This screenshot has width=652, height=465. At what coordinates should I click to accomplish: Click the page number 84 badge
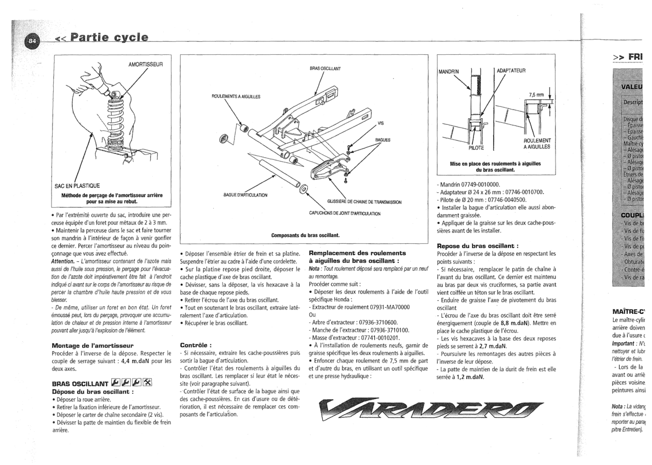[32, 41]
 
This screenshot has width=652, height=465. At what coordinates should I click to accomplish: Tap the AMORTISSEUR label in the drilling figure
[146, 64]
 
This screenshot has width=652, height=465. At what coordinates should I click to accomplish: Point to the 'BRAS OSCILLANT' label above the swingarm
[325, 68]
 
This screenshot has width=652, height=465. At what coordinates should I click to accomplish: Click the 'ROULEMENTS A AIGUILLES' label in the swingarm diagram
[236, 96]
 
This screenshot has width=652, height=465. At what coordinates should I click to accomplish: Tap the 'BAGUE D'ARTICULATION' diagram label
[245, 195]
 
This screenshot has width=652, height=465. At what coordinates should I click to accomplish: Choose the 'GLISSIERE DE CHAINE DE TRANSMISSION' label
[364, 202]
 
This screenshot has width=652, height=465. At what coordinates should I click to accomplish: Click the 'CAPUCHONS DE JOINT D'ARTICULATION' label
[345, 213]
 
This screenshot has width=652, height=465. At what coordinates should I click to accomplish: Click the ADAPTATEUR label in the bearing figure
[511, 71]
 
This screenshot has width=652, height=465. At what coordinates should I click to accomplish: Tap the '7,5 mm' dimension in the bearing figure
[536, 94]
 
